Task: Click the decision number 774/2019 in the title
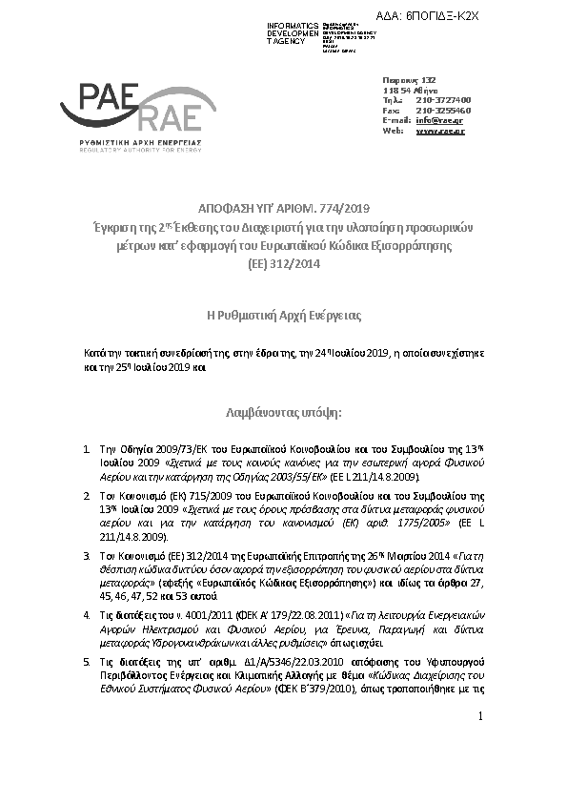click(x=343, y=208)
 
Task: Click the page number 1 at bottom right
click(x=481, y=769)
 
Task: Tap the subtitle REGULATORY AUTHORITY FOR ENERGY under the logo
click(x=129, y=150)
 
